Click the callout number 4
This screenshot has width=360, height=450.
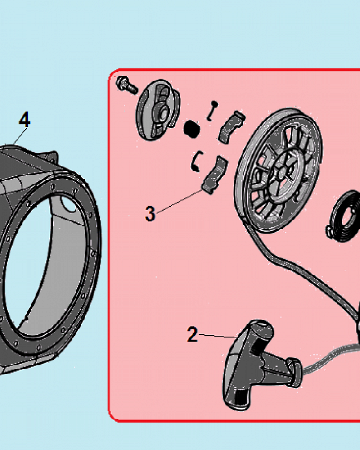click(x=24, y=120)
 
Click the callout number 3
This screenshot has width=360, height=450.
click(x=150, y=214)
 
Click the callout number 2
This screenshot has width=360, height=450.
click(x=192, y=334)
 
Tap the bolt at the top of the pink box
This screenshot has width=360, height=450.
click(x=126, y=85)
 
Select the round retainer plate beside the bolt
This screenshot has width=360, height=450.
click(x=158, y=109)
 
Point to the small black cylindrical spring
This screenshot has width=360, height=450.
click(x=192, y=129)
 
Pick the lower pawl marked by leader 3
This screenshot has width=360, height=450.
click(x=215, y=175)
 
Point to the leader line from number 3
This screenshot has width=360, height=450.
click(x=180, y=202)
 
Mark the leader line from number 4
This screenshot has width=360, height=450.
click(x=20, y=136)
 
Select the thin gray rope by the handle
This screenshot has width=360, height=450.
click(x=330, y=356)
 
